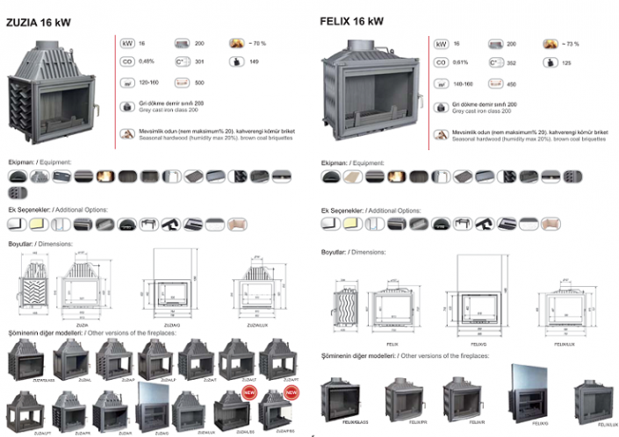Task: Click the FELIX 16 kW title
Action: coord(350,20)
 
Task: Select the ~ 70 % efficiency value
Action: coord(257,42)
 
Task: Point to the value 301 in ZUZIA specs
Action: coord(200,61)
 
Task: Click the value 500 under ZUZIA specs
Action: coord(200,82)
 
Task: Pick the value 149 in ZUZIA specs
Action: coord(254,61)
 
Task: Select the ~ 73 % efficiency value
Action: coord(571,43)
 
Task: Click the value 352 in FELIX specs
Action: coord(513,62)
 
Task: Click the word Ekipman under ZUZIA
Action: coord(20,162)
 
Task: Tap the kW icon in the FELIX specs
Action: coord(441,43)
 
